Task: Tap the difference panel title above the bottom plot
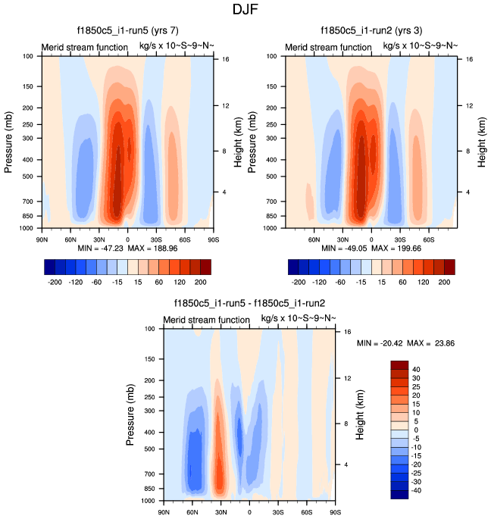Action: (x=249, y=305)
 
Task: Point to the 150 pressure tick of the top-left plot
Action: (x=30, y=87)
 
